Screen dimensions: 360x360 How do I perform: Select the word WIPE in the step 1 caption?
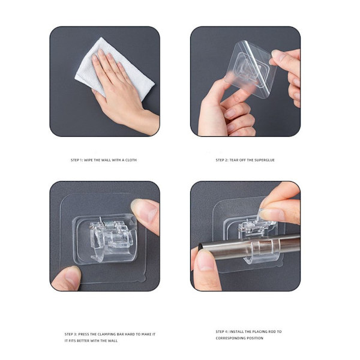[x=88, y=160]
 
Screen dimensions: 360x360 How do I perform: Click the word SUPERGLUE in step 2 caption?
[x=265, y=160]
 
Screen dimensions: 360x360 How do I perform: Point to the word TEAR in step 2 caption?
[x=234, y=160]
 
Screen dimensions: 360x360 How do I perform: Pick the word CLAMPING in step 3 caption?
[x=107, y=334]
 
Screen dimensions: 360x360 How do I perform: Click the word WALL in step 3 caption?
[x=112, y=341]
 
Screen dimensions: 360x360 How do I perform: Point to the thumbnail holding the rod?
[x=205, y=259]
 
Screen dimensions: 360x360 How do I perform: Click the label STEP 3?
[x=71, y=334]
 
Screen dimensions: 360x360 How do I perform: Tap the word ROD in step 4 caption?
[x=271, y=332]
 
